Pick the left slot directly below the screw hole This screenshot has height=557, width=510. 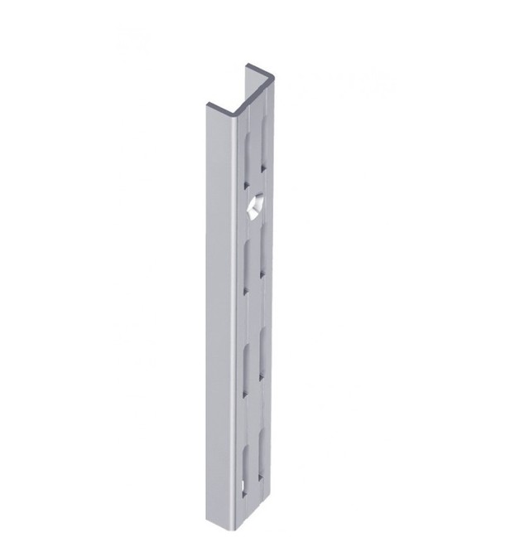[248, 264]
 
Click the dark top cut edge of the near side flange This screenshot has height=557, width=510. [219, 105]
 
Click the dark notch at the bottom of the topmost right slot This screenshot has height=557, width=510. [263, 170]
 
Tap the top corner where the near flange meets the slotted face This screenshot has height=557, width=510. [234, 112]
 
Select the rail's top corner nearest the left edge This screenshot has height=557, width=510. [206, 104]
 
